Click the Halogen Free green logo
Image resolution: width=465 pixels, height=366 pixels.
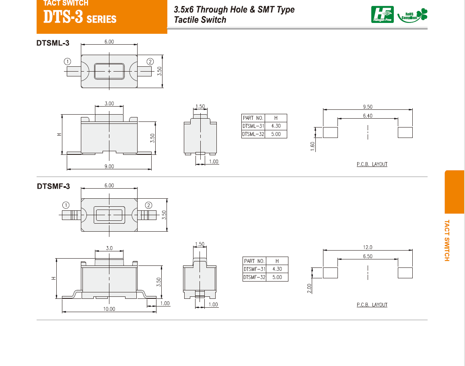coord(382,14)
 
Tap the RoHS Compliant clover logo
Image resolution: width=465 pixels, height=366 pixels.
coord(413,15)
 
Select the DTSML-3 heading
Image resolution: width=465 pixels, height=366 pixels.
coord(53,43)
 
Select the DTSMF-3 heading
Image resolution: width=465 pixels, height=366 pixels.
coord(53,186)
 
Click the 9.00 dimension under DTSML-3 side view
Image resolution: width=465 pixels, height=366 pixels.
coord(109,167)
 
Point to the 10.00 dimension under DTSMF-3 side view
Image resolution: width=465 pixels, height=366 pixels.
coord(109,309)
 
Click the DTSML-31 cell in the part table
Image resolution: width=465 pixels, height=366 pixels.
coord(253,126)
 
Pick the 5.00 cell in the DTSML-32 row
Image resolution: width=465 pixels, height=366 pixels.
coord(276,134)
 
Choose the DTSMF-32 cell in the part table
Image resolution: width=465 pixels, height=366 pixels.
coord(255,278)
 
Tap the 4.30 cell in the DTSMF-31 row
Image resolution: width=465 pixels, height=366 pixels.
coord(277,269)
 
